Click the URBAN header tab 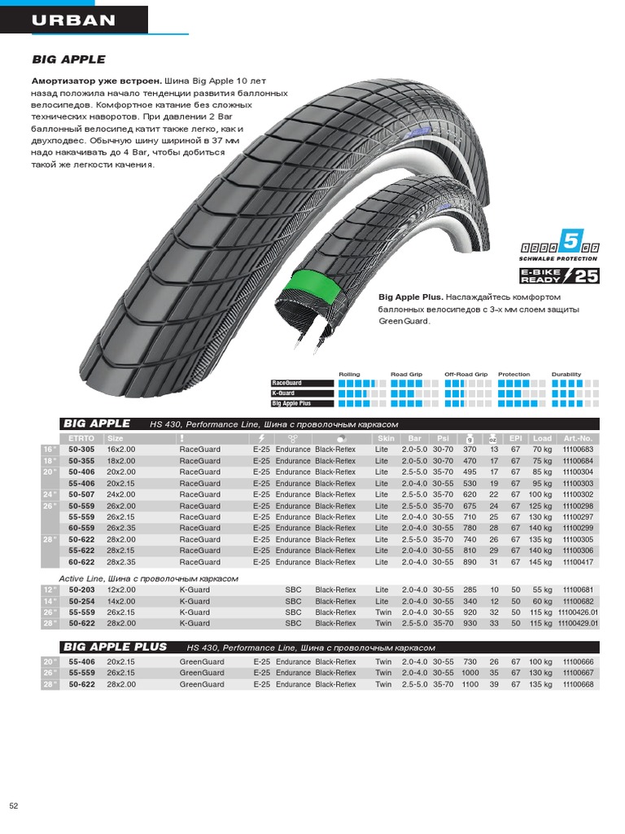(x=74, y=20)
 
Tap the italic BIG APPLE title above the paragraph (x=68, y=59)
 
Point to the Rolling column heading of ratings (x=349, y=375)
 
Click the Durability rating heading (x=566, y=375)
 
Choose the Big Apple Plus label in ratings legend (x=291, y=403)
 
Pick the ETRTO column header (x=81, y=438)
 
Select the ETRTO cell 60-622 (x=81, y=562)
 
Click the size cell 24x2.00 (x=121, y=494)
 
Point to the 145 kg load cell (x=540, y=562)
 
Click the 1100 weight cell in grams (x=470, y=685)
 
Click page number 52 (x=14, y=806)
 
